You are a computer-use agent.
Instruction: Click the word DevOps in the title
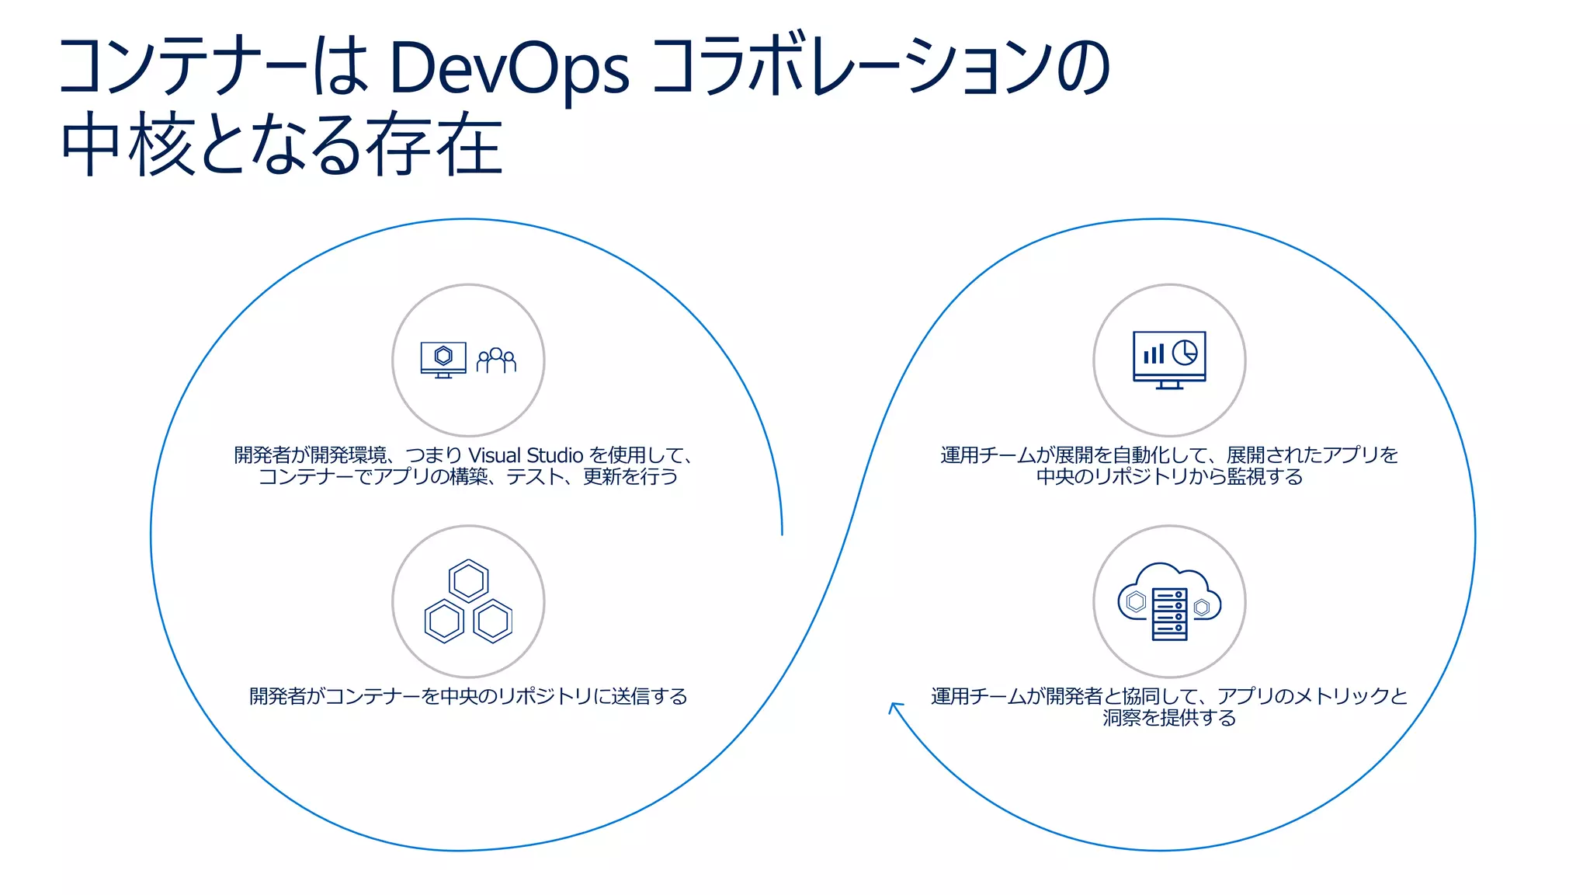coord(509,68)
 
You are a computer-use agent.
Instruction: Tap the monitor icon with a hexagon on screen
coord(443,358)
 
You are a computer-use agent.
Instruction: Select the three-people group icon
coord(496,360)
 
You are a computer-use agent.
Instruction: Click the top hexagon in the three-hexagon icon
coord(468,580)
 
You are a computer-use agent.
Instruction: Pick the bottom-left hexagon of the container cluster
coord(445,621)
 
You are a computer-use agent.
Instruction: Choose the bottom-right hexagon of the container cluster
coord(492,621)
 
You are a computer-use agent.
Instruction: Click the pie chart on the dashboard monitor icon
coord(1185,353)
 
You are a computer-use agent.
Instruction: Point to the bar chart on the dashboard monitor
coord(1154,354)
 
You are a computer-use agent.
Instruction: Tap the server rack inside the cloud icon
coord(1169,614)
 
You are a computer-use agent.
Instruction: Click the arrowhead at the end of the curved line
coord(894,706)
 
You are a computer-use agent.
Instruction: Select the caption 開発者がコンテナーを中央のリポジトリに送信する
coord(468,696)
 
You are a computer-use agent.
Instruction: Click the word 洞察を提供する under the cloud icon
coord(1169,718)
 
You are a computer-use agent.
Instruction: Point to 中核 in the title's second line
coord(128,145)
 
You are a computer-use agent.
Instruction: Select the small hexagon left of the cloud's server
coord(1136,602)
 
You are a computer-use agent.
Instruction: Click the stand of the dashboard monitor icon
coord(1169,385)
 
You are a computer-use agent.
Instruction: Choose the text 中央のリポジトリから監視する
coord(1169,476)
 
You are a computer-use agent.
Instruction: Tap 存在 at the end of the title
coord(435,145)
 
